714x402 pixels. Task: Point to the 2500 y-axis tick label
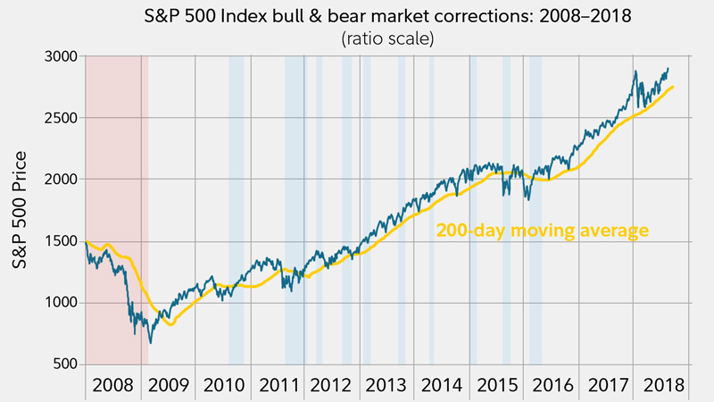tap(62, 117)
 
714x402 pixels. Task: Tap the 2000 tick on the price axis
tap(62, 179)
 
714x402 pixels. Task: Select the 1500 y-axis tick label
tap(62, 241)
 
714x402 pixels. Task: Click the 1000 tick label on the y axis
tap(62, 303)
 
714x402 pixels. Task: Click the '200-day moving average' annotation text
tap(542, 230)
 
